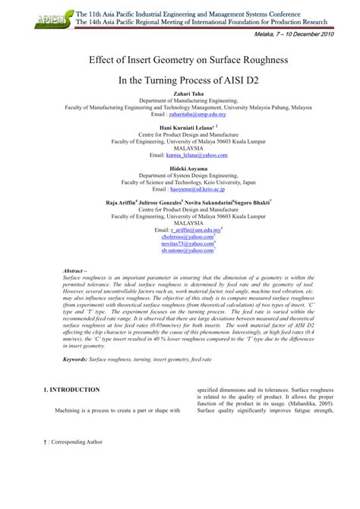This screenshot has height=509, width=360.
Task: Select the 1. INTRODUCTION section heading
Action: [x=71, y=390]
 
